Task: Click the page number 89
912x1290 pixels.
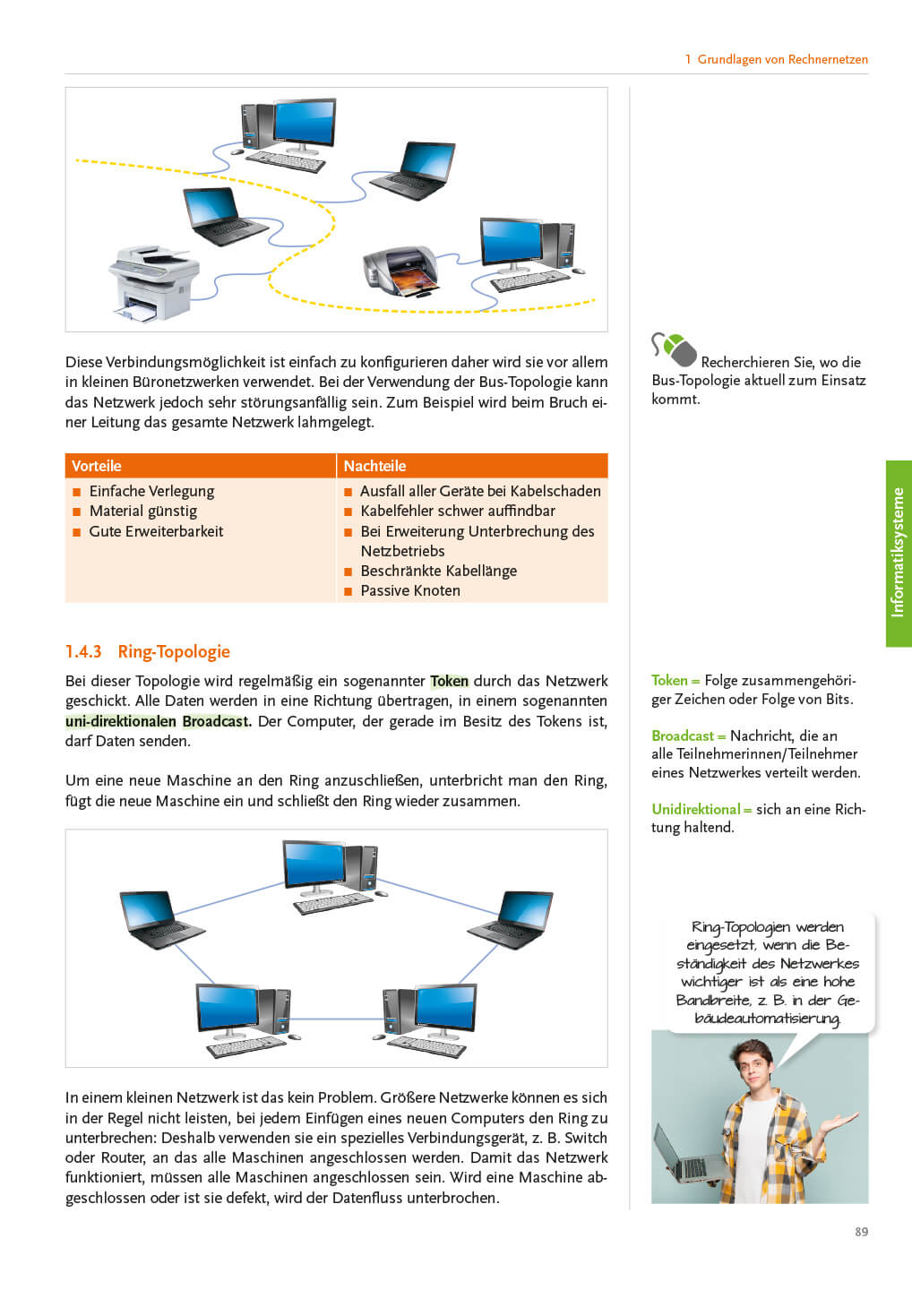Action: tap(861, 1232)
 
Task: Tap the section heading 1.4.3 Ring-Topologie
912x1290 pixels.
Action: tap(148, 651)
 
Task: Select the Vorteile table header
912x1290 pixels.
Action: tap(97, 466)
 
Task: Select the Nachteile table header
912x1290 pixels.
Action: tap(374, 466)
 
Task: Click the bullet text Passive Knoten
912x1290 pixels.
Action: tap(410, 590)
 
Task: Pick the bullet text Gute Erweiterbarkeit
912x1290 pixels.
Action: tap(156, 531)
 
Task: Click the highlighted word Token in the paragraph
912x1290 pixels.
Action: tap(449, 681)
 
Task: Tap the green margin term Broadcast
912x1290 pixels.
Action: tap(683, 735)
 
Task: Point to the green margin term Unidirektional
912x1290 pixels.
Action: tap(696, 809)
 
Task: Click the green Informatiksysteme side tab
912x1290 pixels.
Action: tap(899, 553)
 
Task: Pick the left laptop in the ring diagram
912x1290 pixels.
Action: tap(160, 918)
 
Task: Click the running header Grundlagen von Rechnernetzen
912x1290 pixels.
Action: tap(782, 59)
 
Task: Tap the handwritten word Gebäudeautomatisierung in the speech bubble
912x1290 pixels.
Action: tap(768, 1018)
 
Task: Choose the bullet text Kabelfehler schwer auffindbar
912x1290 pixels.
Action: tap(458, 511)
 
